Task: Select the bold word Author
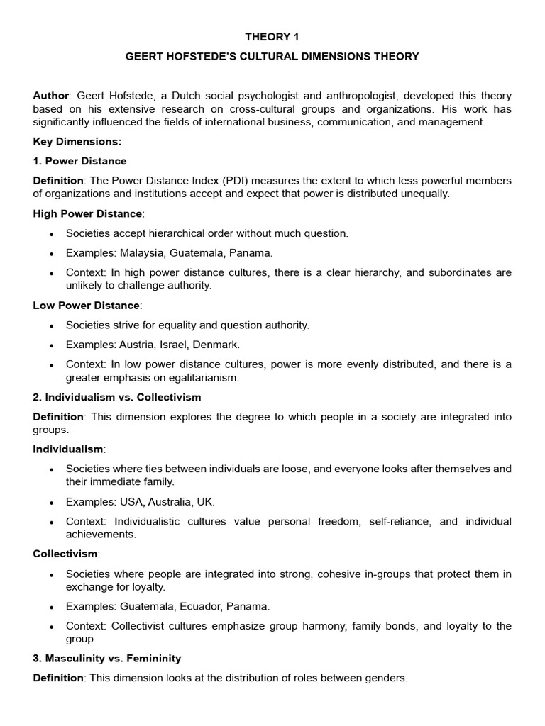(51, 96)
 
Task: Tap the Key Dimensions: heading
(77, 141)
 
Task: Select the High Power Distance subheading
(88, 213)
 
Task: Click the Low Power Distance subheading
(87, 306)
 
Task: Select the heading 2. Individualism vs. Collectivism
(117, 397)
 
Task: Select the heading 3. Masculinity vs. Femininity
(107, 659)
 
